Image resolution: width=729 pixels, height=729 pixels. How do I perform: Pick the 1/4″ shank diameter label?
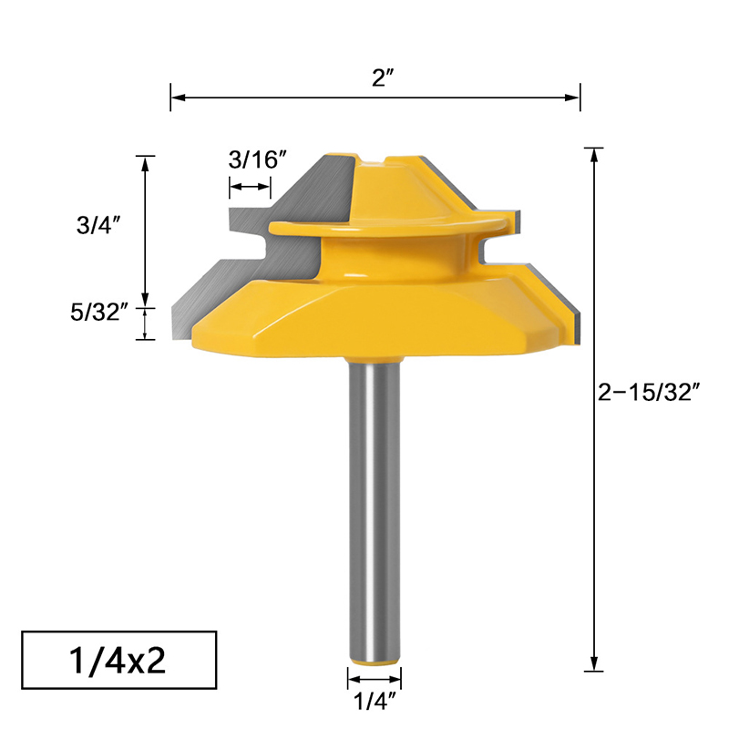374,702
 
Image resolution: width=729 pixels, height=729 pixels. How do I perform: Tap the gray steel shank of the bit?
375,501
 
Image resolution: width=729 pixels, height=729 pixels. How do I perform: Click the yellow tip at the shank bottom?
375,656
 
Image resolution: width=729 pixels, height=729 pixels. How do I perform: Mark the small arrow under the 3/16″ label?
250,187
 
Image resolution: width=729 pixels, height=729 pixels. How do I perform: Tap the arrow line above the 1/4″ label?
374,678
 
